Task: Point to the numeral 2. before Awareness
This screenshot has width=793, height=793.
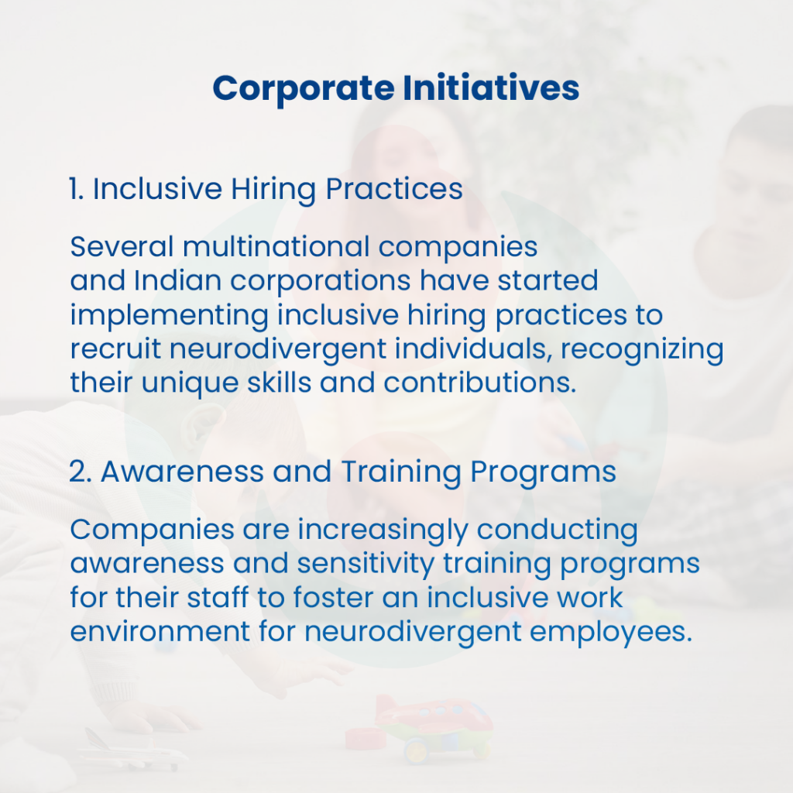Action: (x=80, y=472)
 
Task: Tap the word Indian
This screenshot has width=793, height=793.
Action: (x=177, y=280)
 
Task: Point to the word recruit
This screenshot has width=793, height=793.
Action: (x=115, y=349)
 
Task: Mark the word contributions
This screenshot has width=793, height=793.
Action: (x=480, y=383)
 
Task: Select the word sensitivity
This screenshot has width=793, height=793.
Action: (x=366, y=565)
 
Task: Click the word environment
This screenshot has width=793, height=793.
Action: (x=160, y=632)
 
